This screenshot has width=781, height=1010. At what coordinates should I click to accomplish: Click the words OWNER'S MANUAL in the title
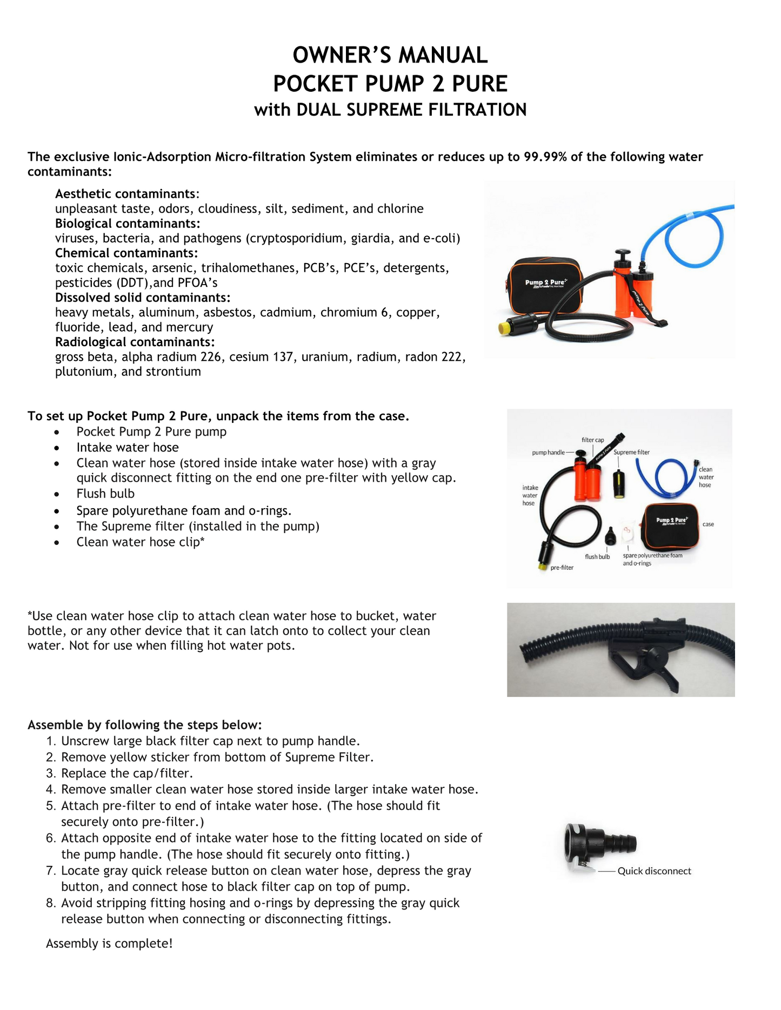390,55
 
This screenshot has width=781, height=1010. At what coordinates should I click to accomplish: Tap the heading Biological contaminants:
128,224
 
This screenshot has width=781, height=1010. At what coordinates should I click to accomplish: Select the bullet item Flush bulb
105,494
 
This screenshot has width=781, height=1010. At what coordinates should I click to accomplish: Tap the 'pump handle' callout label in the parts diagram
548,452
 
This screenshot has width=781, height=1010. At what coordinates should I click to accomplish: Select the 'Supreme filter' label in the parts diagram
631,452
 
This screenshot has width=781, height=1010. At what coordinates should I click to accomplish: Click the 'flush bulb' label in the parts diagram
597,556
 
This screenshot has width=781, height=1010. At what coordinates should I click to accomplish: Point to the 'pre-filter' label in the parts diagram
562,568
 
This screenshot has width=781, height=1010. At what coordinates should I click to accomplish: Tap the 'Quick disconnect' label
654,871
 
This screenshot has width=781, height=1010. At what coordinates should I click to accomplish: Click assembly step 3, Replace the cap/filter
127,773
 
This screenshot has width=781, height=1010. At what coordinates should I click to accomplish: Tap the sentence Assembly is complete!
109,943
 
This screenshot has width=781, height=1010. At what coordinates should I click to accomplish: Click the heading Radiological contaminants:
135,342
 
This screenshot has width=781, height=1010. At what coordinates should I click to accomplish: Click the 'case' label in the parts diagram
708,524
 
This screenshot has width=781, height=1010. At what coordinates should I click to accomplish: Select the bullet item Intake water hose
128,447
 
